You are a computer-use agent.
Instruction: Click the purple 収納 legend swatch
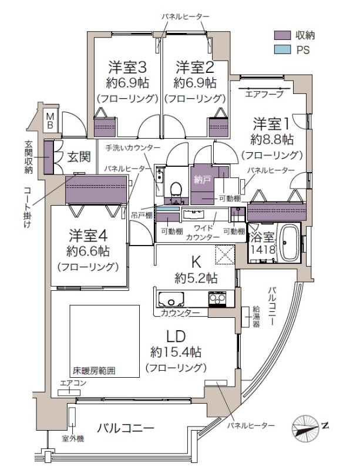[x=282, y=35]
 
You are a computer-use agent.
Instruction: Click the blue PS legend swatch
[x=282, y=49]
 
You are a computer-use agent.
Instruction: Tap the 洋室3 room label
[x=127, y=67]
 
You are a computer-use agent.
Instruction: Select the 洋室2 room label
[x=195, y=67]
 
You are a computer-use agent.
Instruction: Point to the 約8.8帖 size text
[x=272, y=139]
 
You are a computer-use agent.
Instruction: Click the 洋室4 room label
[x=88, y=236]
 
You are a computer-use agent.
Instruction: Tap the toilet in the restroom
[x=176, y=190]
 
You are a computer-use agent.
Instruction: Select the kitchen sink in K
[x=171, y=298]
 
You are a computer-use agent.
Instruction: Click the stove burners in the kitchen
[x=217, y=298]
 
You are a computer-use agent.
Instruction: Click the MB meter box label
[x=50, y=120]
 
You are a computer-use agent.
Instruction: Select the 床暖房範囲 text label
[x=94, y=371]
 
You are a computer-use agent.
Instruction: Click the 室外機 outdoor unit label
[x=73, y=439]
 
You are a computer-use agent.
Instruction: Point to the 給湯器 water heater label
[x=256, y=317]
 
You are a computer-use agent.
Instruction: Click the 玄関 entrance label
[x=79, y=157]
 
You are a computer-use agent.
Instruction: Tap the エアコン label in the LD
[x=73, y=383]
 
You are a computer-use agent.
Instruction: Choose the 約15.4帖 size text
[x=176, y=352]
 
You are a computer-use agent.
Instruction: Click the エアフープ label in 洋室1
[x=264, y=95]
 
